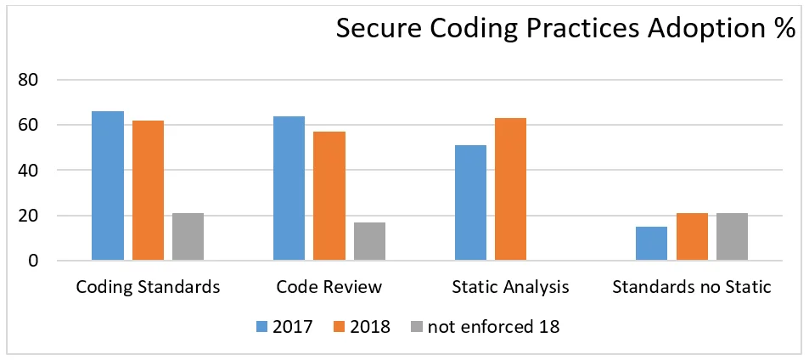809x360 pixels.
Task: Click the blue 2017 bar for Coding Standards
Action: (108, 186)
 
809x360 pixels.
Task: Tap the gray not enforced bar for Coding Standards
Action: (188, 237)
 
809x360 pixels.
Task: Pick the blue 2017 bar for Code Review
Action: (289, 188)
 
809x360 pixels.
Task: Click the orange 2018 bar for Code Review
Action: (329, 196)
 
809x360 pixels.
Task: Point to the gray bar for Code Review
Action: (369, 241)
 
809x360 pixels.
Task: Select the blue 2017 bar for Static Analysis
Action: (470, 203)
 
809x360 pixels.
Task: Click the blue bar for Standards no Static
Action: (651, 244)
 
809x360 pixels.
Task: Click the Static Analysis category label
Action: (510, 287)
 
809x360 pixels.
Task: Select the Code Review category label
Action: (329, 287)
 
